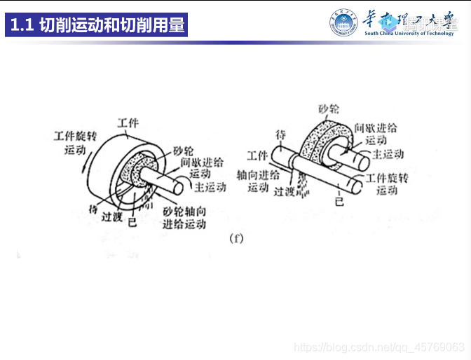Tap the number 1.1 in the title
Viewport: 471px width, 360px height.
click(x=23, y=26)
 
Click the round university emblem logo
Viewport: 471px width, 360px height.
click(x=343, y=23)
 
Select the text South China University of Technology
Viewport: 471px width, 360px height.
click(x=409, y=33)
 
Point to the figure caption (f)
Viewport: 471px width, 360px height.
click(x=236, y=238)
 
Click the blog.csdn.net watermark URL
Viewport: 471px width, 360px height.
click(x=379, y=347)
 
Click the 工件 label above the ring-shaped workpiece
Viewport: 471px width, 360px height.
click(x=128, y=123)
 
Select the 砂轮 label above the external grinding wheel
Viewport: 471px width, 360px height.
click(x=329, y=109)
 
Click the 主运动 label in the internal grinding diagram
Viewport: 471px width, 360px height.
click(x=210, y=187)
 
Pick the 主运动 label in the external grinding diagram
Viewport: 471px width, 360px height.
click(x=387, y=153)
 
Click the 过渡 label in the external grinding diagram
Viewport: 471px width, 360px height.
click(x=285, y=191)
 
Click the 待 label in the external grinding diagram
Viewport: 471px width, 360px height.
click(x=281, y=134)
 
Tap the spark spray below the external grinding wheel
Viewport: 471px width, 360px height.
click(x=303, y=185)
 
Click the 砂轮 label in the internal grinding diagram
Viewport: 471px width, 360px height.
click(x=183, y=151)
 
